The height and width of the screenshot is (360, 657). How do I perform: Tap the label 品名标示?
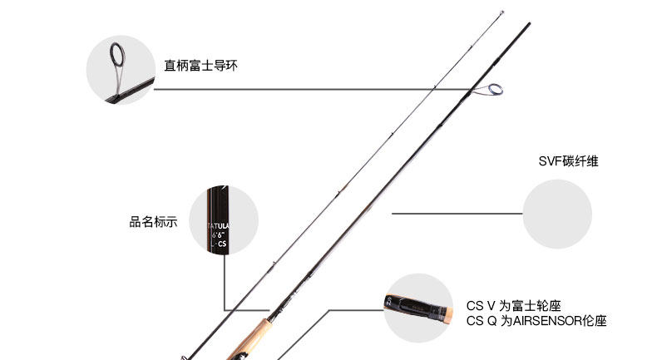tap(153, 222)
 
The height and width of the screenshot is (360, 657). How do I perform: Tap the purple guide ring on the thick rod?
tap(495, 89)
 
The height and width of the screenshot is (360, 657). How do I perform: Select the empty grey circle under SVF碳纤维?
tap(557, 213)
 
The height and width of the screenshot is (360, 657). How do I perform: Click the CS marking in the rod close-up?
tap(222, 244)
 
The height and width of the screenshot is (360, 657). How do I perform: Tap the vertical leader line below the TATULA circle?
tap(224, 279)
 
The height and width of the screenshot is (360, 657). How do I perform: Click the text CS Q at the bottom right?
tap(477, 320)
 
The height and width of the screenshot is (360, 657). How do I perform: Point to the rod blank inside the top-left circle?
tap(133, 89)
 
